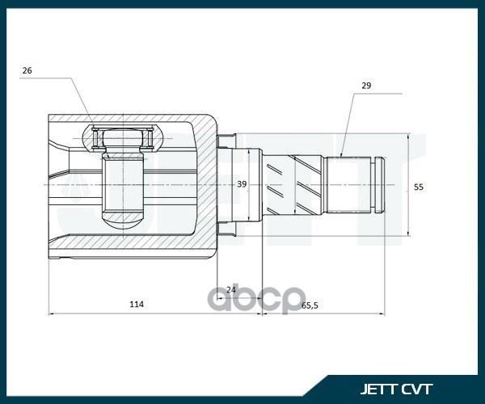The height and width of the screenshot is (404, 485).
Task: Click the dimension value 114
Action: pyautogui.click(x=137, y=305)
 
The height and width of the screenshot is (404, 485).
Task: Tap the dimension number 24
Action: pyautogui.click(x=230, y=288)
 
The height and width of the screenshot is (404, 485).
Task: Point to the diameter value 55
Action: pyautogui.click(x=418, y=187)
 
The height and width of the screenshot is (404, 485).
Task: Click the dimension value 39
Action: pyautogui.click(x=242, y=184)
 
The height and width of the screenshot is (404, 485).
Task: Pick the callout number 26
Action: pyautogui.click(x=27, y=71)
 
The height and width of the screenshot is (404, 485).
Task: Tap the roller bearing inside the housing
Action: pyautogui.click(x=123, y=139)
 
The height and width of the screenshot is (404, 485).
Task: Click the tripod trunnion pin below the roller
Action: pyautogui.click(x=123, y=190)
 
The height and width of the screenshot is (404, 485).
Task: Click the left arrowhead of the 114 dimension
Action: pyautogui.click(x=51, y=314)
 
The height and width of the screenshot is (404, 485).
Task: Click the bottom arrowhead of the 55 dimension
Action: pyautogui.click(x=408, y=237)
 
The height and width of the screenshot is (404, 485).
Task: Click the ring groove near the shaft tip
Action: pyautogui.click(x=377, y=184)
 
